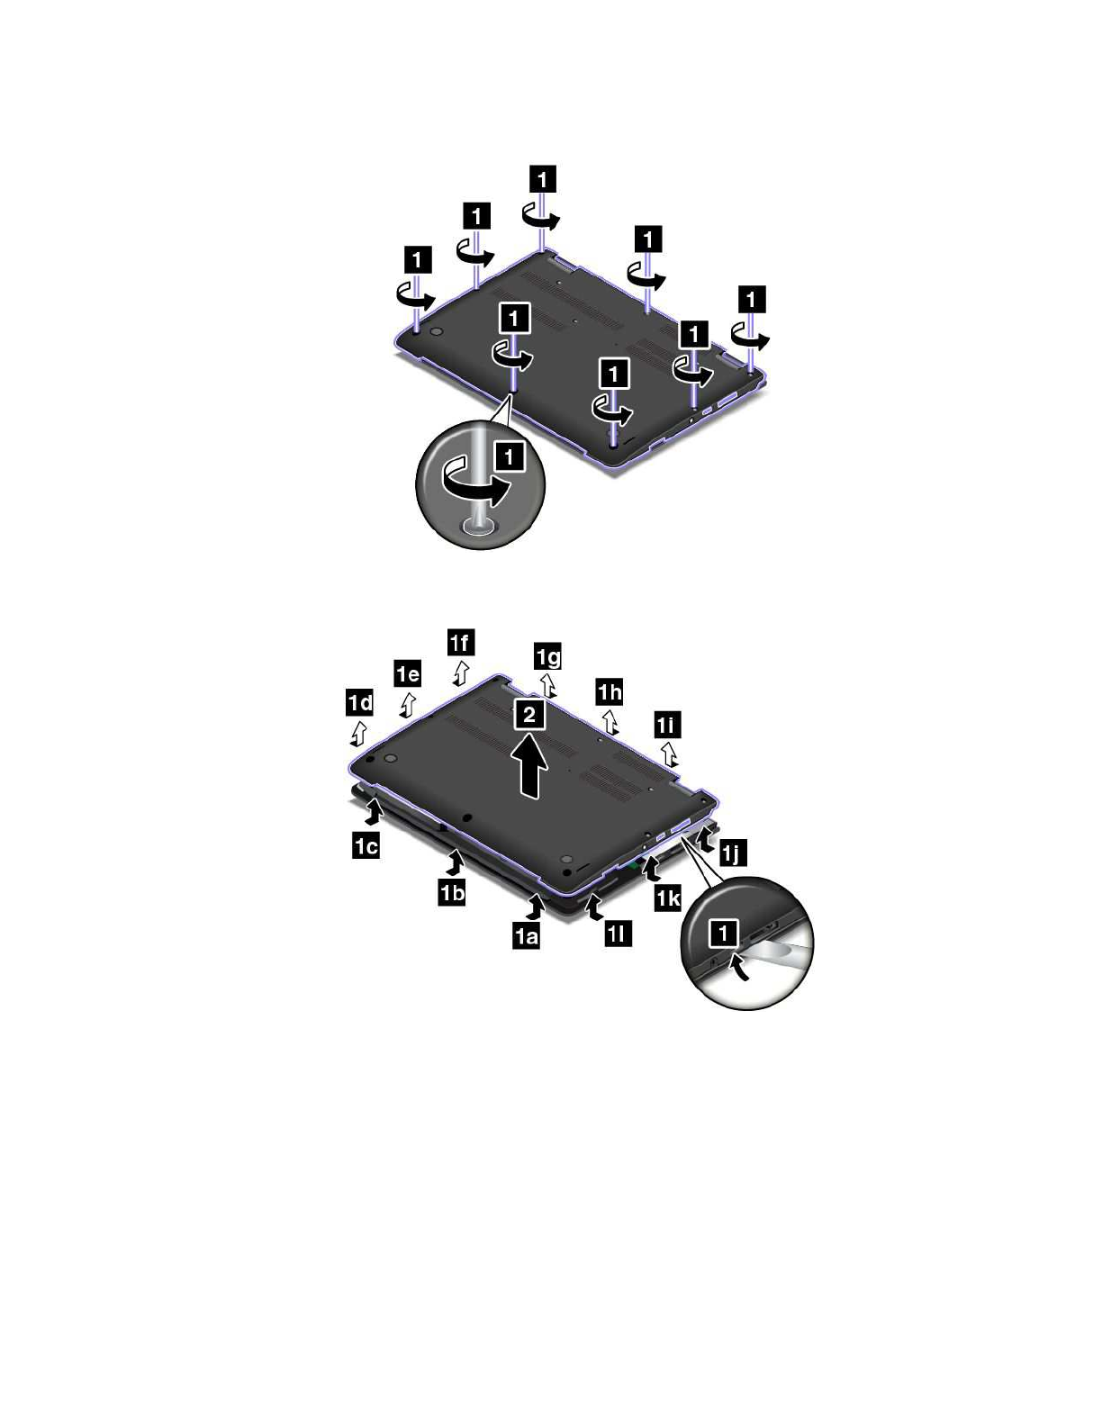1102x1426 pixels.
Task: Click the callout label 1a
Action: pos(526,935)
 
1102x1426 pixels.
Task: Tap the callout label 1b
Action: pos(452,892)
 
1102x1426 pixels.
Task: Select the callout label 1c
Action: pos(366,846)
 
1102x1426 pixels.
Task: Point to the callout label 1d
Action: pos(359,703)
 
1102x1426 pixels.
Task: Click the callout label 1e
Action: pos(408,673)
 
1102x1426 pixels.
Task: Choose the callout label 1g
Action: pos(548,656)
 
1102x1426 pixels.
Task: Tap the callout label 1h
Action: pos(610,691)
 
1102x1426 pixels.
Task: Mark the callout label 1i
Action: pos(667,725)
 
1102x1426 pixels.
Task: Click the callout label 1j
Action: pos(733,853)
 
